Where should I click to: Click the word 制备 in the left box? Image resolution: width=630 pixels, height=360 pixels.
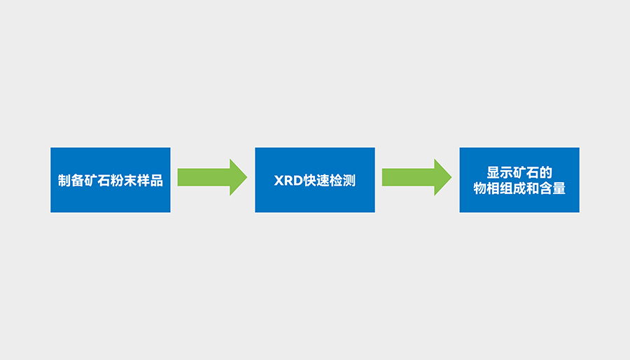click(x=71, y=181)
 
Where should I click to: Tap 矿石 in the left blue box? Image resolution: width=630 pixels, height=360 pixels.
click(x=97, y=181)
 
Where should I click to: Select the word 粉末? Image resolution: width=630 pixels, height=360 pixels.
click(x=123, y=181)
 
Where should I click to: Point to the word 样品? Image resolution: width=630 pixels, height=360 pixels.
click(x=150, y=181)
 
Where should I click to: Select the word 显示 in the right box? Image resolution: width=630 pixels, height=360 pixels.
click(x=500, y=172)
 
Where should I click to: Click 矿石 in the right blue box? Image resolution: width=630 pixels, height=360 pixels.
click(x=526, y=172)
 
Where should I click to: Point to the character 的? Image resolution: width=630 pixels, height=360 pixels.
click(x=546, y=172)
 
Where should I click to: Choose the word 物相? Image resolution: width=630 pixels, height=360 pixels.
click(x=486, y=189)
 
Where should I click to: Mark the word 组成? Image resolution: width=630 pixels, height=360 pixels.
click(x=512, y=189)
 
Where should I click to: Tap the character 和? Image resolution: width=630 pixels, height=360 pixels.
click(x=533, y=189)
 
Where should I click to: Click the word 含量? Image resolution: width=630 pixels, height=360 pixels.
click(x=552, y=189)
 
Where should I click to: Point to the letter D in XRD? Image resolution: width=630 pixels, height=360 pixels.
click(x=295, y=181)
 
